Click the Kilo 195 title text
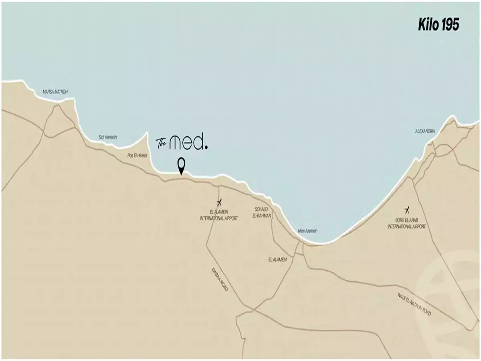[x=439, y=25]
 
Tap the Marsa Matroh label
[x=55, y=92]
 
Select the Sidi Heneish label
[x=108, y=137]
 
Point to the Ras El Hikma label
[x=137, y=156]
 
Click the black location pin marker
[x=182, y=165]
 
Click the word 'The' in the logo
[x=161, y=142]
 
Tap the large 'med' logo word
[x=186, y=142]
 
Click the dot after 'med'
[x=206, y=147]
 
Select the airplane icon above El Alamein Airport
[x=219, y=202]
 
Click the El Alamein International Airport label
[x=219, y=215]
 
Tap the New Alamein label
[x=308, y=231]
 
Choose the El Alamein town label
[x=278, y=260]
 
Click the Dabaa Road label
[x=220, y=279]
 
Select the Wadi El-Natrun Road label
[x=415, y=304]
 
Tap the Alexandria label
[x=425, y=131]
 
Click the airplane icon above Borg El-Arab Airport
[x=407, y=209]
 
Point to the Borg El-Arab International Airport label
[x=406, y=223]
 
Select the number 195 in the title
[x=450, y=25]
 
